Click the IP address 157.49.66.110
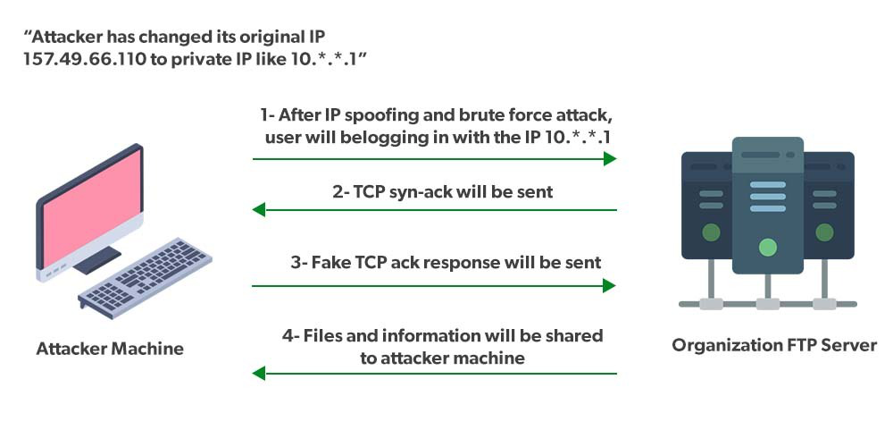75,59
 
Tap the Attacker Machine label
110,349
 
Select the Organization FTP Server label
774,345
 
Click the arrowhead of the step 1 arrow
610,159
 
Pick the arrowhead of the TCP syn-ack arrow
260,210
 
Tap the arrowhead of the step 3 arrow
610,286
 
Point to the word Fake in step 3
333,263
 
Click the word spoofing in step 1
367,116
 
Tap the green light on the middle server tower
766,247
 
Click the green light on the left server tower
711,233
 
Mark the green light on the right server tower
823,233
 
